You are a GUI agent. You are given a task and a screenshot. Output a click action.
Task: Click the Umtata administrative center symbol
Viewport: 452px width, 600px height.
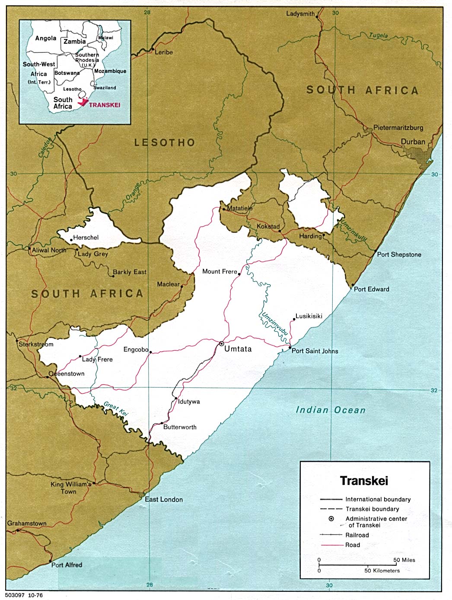point(221,343)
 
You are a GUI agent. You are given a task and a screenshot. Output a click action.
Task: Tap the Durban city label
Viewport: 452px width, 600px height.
point(413,142)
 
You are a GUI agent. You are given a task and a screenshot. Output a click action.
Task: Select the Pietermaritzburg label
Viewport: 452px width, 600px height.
point(398,128)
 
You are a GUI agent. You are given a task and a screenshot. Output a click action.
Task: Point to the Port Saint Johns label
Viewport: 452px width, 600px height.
point(315,351)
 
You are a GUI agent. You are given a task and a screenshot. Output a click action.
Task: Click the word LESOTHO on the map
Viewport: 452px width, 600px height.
point(165,142)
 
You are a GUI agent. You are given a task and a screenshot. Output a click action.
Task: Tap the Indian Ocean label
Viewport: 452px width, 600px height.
point(331,410)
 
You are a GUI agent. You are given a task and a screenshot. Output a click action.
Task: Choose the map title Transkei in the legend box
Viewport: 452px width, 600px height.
point(364,481)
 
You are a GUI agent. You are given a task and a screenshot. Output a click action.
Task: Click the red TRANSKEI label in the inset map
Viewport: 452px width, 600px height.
point(105,105)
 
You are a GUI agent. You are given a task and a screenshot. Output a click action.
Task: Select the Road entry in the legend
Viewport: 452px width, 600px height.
point(353,545)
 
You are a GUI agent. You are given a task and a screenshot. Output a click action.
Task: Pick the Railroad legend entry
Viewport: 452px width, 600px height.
point(357,535)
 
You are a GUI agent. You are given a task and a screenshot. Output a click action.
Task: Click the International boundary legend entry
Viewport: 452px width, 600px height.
point(378,499)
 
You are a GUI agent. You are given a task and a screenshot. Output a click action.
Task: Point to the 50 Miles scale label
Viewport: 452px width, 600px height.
point(404,560)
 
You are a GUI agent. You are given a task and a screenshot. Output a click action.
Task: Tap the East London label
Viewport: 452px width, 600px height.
point(164,500)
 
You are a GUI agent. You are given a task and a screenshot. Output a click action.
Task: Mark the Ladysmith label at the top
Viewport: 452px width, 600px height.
point(300,14)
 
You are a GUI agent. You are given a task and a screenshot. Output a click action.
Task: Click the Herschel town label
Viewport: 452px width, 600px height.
point(86,238)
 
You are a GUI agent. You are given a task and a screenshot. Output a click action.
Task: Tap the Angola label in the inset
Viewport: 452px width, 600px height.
point(46,38)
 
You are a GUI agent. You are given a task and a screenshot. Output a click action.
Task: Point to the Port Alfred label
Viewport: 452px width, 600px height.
point(67,565)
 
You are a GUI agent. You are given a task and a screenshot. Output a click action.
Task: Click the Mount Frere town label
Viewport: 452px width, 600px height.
point(220,271)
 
